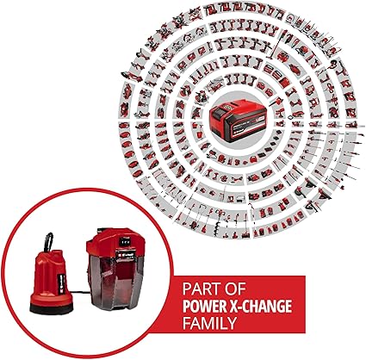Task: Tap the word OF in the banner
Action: click(235, 289)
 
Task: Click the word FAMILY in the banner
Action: click(209, 323)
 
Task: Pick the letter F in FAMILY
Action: click(186, 323)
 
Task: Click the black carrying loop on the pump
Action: click(49, 242)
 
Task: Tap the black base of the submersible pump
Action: click(52, 308)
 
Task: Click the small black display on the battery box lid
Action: click(124, 242)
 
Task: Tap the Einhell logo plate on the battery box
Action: click(128, 253)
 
